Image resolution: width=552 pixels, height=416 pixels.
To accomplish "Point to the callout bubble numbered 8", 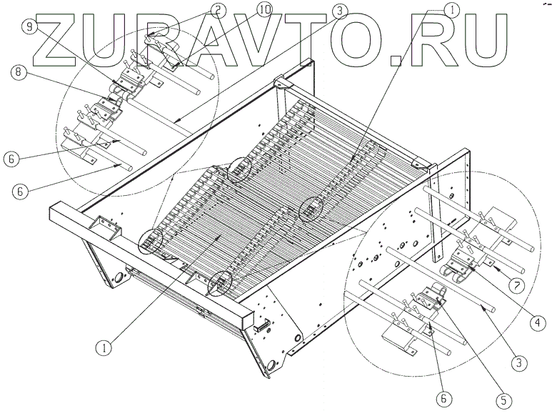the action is pyautogui.click(x=19, y=71).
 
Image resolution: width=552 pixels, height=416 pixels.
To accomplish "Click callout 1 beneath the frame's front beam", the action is pyautogui.click(x=104, y=347).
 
